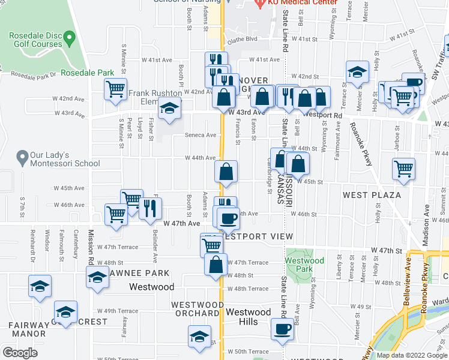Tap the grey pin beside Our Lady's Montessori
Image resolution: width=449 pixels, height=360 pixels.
coord(23,158)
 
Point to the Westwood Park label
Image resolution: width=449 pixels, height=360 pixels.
coord(305,265)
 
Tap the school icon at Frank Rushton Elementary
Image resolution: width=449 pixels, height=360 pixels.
coord(170,109)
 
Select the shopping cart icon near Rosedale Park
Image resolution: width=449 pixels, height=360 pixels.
coord(115,89)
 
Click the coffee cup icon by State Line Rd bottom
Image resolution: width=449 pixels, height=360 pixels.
coord(282,328)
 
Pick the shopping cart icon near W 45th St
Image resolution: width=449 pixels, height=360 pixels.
coord(404,169)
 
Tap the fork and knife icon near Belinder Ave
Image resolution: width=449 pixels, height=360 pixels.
coord(150,208)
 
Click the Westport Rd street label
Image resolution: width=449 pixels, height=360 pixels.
coord(322,115)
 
